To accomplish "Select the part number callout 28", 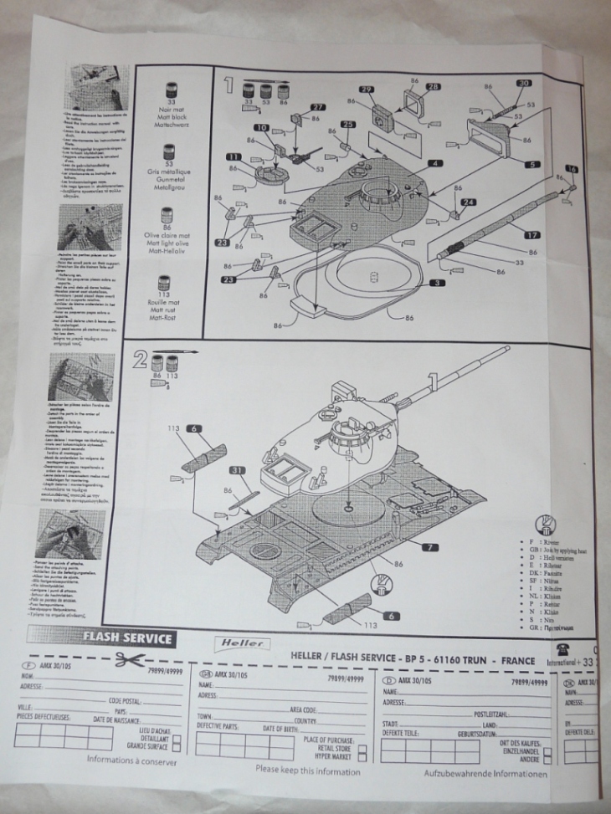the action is tap(433, 87).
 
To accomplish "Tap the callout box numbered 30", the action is tap(523, 84).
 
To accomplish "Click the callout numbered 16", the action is tap(571, 168).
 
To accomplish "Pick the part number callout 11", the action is tap(233, 156).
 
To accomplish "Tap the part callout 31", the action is tap(237, 471).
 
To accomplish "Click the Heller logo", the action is tap(240, 642).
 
